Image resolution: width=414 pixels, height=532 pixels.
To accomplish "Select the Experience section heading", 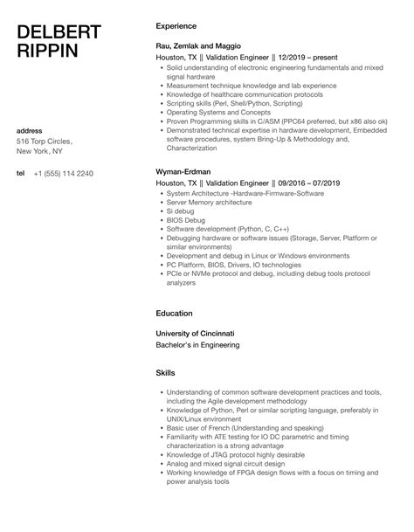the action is [x=176, y=26].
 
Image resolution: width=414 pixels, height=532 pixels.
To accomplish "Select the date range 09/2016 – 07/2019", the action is [x=297, y=183].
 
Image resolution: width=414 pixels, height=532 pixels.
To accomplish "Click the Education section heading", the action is [x=174, y=313].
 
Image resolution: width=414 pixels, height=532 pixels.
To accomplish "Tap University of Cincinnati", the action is [x=195, y=333].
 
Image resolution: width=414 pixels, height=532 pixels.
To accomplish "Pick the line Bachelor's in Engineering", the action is [x=200, y=345].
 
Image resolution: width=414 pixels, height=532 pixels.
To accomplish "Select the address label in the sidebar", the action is [x=31, y=130].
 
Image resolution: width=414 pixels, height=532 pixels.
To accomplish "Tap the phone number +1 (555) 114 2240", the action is [x=66, y=174].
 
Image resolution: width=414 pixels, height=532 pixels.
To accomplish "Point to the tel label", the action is [x=21, y=173].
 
